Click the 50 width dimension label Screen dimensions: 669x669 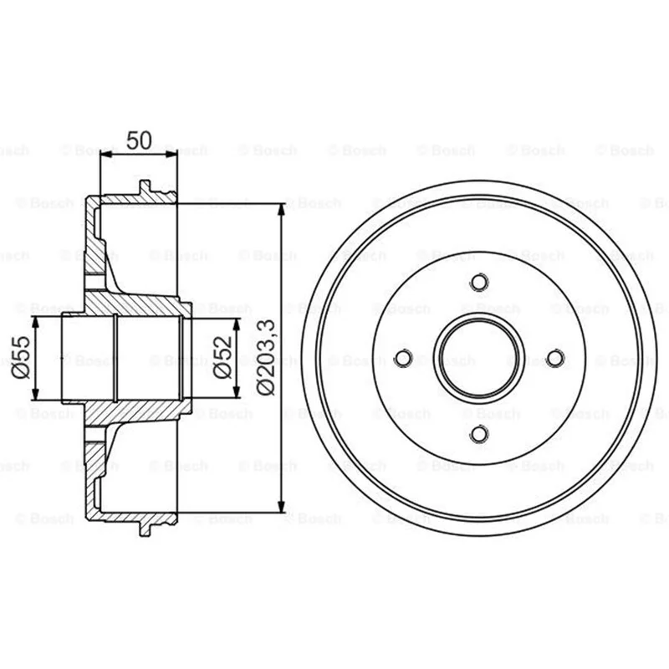pyautogui.click(x=139, y=140)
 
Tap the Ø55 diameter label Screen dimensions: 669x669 pyautogui.click(x=21, y=358)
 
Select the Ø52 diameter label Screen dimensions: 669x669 pyautogui.click(x=222, y=358)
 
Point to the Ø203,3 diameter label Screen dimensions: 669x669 pyautogui.click(x=267, y=358)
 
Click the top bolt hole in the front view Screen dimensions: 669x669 pyautogui.click(x=479, y=282)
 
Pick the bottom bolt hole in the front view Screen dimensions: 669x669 pyautogui.click(x=479, y=434)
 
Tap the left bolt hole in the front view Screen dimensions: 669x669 pyautogui.click(x=403, y=358)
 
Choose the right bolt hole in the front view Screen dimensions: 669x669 pyautogui.click(x=555, y=358)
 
